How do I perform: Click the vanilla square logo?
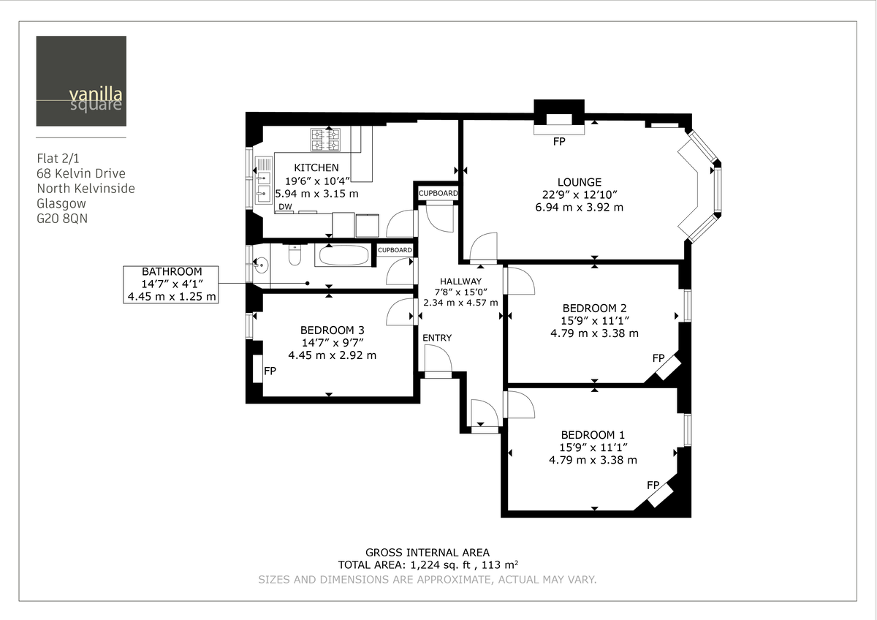coord(80,81)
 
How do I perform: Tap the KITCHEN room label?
coord(316,168)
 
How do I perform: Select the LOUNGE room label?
coord(579,182)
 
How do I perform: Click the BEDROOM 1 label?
coord(593,434)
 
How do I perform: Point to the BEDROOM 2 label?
coord(594,308)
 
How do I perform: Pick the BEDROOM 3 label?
coord(332,330)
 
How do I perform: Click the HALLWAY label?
coord(460,281)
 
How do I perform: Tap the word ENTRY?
coord(437,338)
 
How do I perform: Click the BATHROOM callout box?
coord(171,284)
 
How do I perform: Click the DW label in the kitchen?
coord(284,208)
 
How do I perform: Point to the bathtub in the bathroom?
coord(343,255)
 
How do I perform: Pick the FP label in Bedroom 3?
coord(270,371)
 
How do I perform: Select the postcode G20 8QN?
coord(62,219)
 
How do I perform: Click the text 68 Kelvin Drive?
coord(80,173)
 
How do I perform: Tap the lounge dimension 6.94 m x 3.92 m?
coord(579,207)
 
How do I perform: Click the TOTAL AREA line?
coord(428,565)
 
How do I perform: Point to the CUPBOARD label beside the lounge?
coord(438,194)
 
